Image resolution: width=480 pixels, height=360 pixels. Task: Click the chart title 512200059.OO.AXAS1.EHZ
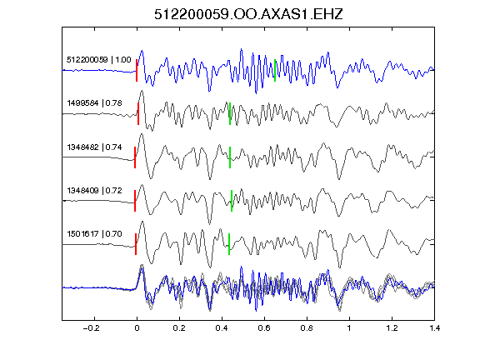coord(248,14)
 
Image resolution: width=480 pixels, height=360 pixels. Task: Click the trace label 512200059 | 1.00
coord(99,59)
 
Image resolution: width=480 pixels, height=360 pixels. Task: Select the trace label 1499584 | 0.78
coord(95,102)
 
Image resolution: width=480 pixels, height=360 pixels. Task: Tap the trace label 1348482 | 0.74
coord(95,147)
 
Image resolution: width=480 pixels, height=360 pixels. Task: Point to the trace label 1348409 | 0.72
coord(95,190)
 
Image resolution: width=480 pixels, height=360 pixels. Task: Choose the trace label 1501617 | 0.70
coord(95,234)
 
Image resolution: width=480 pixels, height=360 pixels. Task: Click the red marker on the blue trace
coord(137,70)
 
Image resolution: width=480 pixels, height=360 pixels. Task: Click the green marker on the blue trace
coord(275,70)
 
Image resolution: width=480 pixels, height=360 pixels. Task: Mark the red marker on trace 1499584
coord(138,113)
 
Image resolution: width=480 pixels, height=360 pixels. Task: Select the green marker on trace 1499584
coord(230,113)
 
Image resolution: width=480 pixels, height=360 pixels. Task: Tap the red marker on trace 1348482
coord(135,157)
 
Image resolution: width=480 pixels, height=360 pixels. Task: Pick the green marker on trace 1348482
coord(230,157)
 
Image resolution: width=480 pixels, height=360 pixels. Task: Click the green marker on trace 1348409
coord(232,201)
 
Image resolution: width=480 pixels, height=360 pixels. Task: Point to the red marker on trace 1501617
coord(136,244)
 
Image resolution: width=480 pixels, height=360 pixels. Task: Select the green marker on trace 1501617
coord(229,244)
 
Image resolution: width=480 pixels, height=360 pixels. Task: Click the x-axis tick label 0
coord(137,328)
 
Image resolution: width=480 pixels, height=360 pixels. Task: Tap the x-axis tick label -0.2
coord(91,328)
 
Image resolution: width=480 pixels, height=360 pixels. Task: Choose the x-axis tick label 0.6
coord(264,328)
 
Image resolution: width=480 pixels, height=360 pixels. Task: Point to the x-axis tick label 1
coord(349,328)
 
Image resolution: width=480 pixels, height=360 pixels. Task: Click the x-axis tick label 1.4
coord(434,328)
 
